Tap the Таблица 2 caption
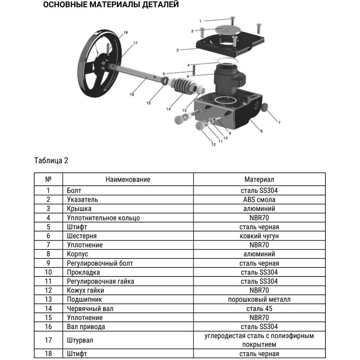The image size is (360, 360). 51,161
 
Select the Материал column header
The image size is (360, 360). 259,179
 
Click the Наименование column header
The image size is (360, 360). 128,179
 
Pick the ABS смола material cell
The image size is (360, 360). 259,199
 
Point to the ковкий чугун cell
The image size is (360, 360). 259,236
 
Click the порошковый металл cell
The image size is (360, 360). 259,299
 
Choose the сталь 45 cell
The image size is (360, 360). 259,309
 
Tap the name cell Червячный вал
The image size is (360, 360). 90,309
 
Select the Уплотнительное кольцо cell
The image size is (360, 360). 103,218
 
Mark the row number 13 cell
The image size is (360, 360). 49,299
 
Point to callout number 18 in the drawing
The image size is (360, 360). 125,33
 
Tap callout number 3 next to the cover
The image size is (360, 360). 177,50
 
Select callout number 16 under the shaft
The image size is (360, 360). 132,94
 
